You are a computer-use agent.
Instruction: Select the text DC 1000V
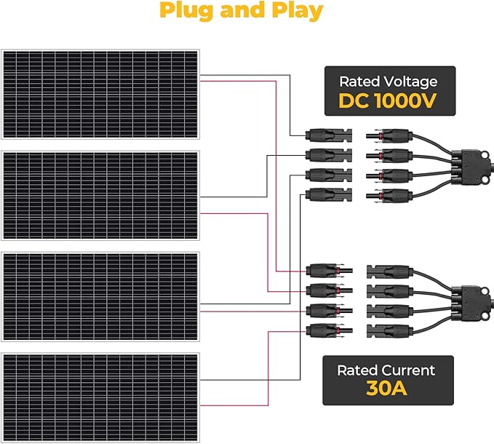pos(388,101)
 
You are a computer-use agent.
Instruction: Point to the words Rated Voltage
pos(388,81)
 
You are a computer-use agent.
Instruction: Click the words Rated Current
pos(386,370)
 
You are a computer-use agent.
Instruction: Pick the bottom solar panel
pos(100,397)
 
